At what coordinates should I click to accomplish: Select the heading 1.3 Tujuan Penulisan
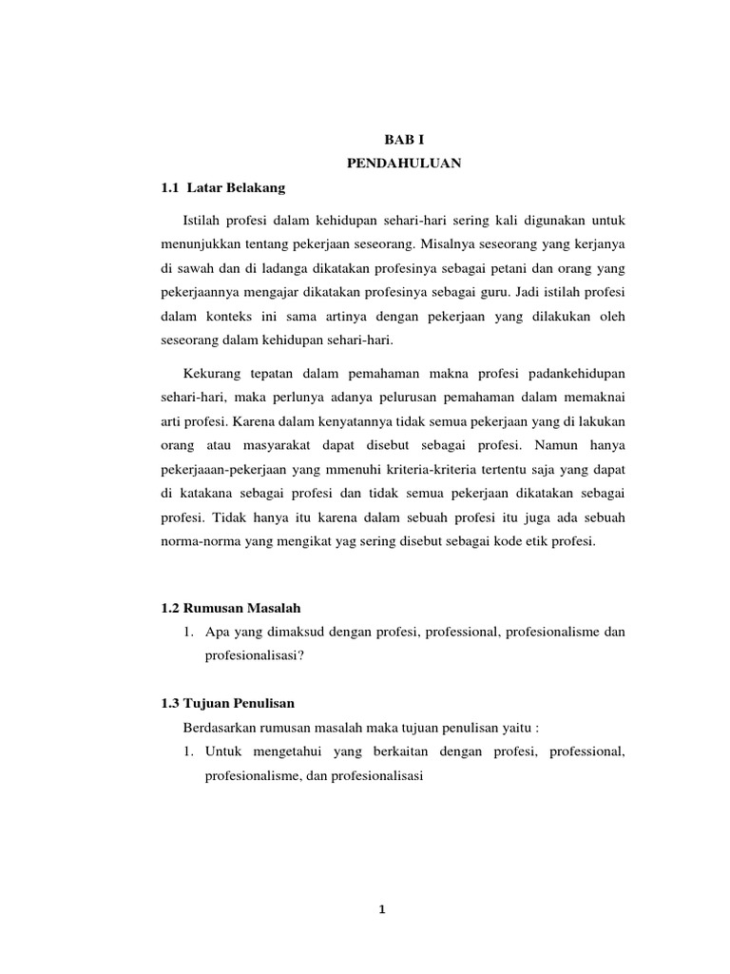point(228,704)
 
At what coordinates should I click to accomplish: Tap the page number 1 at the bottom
point(380,909)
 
